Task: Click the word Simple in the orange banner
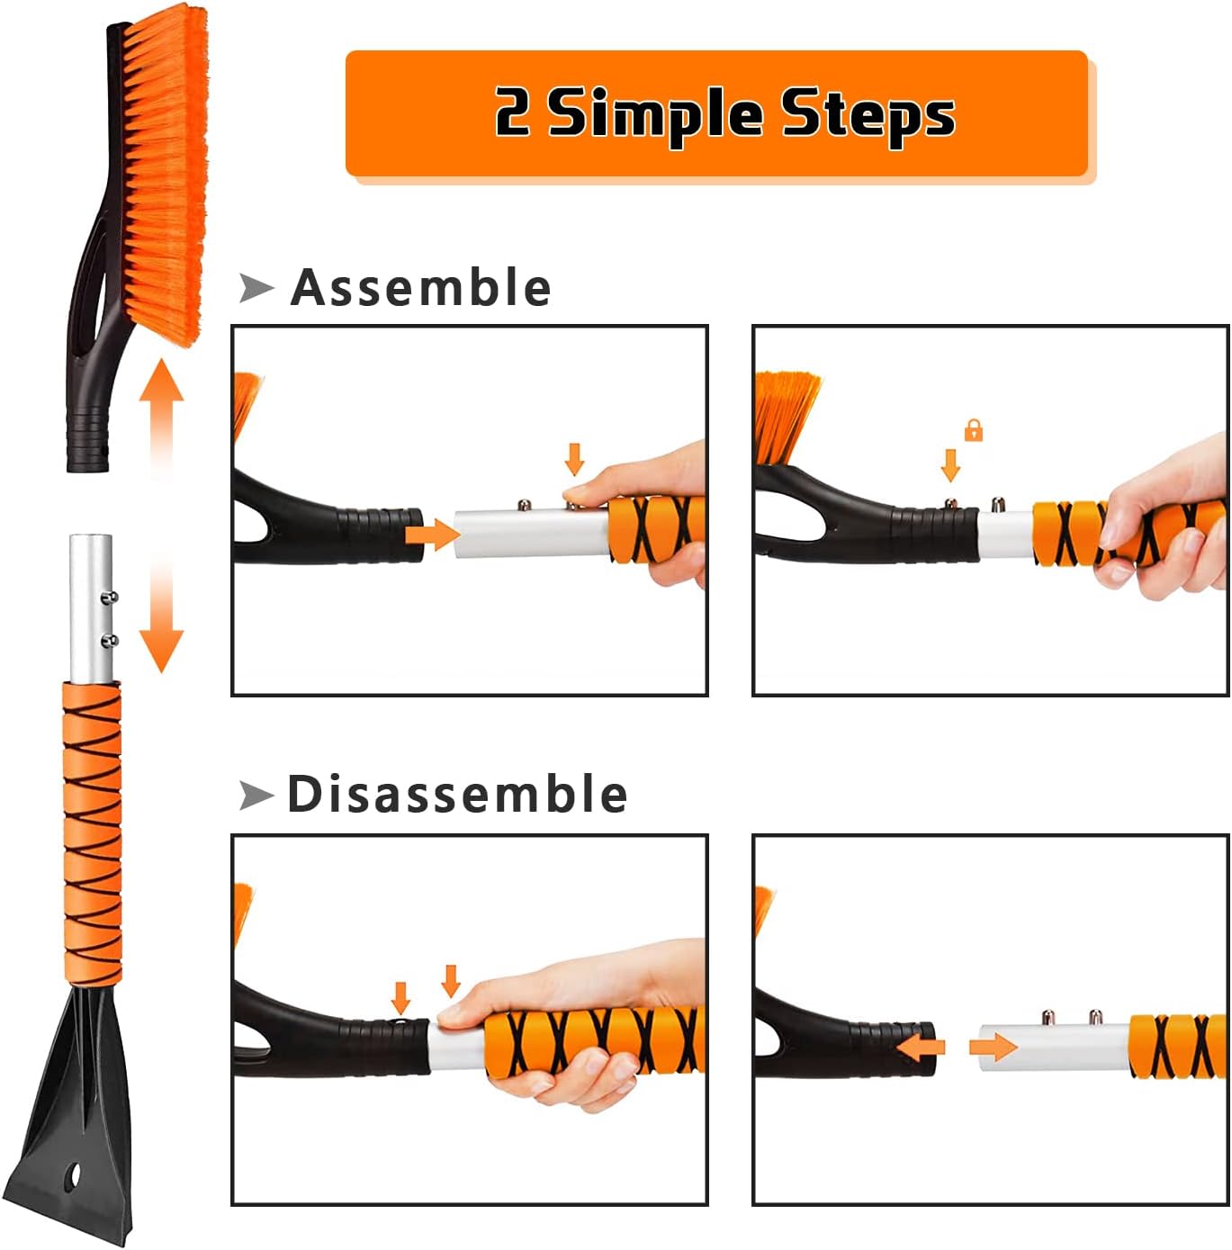pos(655,114)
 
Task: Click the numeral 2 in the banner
pos(513,112)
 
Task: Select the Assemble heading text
pos(420,288)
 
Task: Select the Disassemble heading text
pos(456,795)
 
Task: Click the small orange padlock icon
pos(973,430)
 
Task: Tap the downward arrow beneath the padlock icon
pos(950,465)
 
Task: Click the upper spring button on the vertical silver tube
pos(111,596)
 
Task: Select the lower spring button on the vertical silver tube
pos(111,640)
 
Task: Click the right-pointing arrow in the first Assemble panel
pos(432,535)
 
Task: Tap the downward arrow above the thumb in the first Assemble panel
pos(574,459)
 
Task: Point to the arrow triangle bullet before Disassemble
pos(256,796)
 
